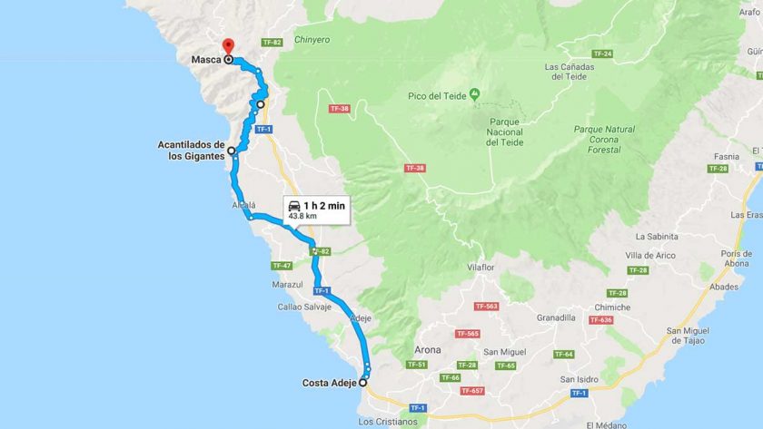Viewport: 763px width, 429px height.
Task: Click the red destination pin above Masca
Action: coord(228,45)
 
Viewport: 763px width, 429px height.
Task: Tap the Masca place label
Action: coord(206,62)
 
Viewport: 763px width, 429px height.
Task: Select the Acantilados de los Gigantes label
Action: coord(190,151)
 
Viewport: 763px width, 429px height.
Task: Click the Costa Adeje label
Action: coord(329,383)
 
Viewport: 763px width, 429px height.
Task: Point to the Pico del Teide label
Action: coord(437,95)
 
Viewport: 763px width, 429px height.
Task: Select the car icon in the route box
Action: coord(294,206)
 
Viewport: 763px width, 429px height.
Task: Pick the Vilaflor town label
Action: coord(485,268)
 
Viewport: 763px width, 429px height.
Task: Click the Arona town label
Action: coord(427,349)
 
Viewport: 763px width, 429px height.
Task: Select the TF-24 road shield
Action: coord(602,54)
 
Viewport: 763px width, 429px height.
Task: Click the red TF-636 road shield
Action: coord(600,319)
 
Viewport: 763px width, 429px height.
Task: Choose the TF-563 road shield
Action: coord(487,307)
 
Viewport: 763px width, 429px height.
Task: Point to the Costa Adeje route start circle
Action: coord(363,383)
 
